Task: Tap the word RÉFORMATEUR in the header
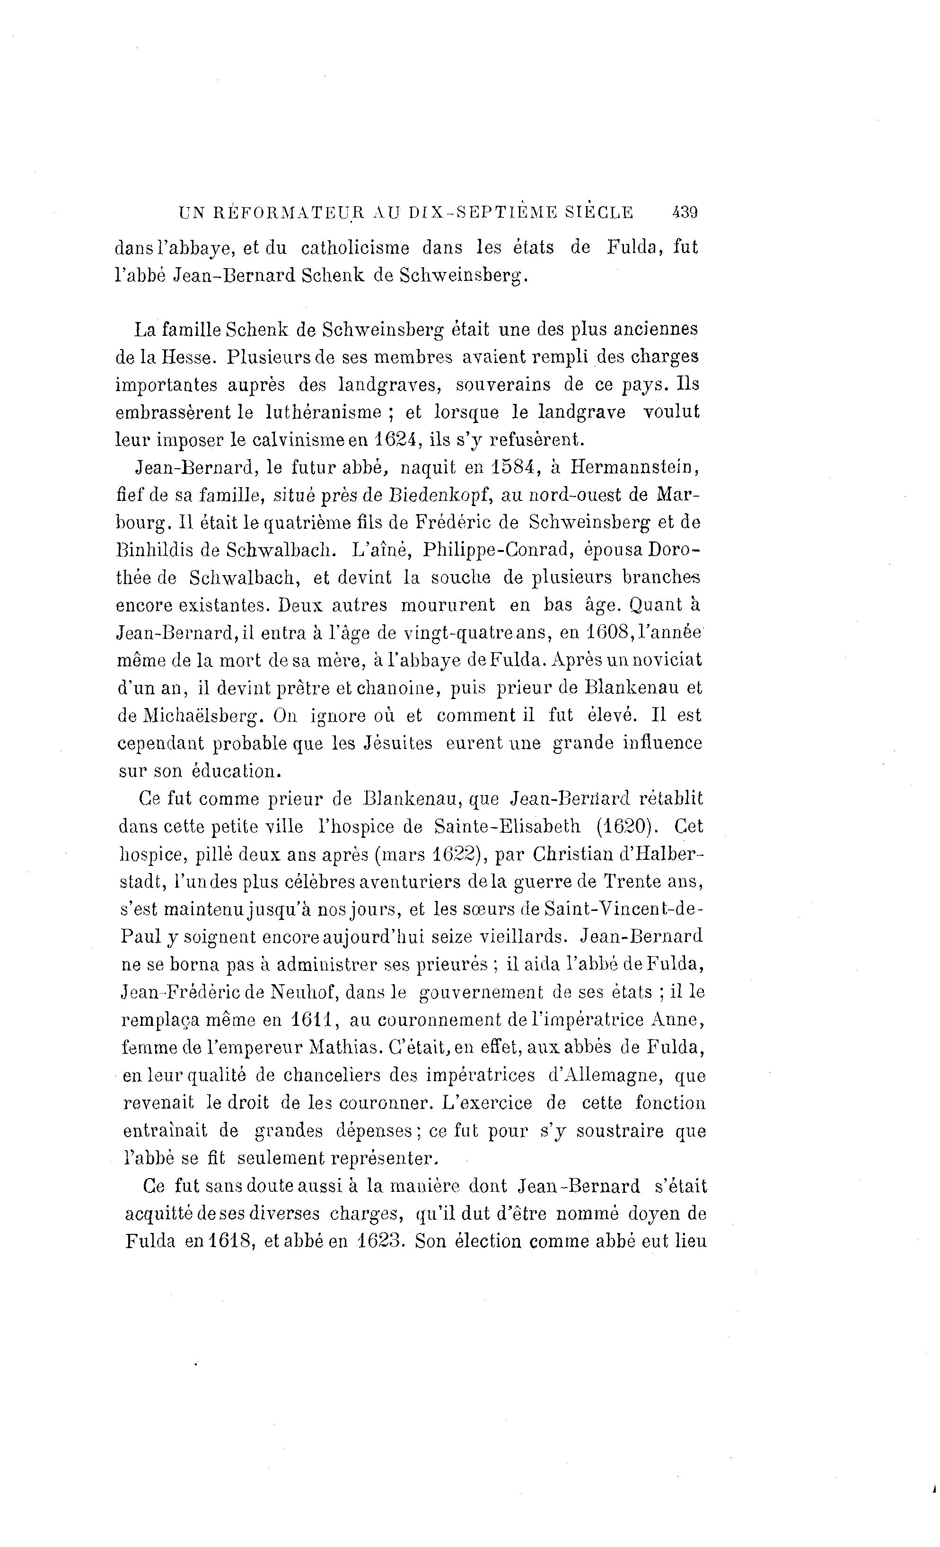[284, 212]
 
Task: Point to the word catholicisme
[355, 247]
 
